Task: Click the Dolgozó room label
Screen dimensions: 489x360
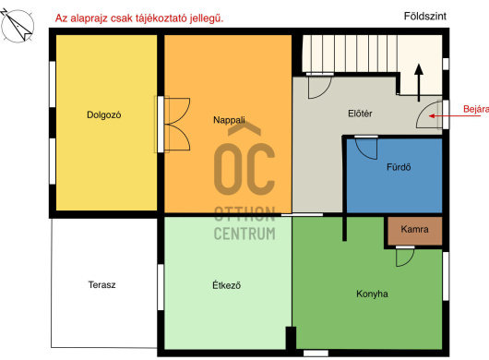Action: point(104,115)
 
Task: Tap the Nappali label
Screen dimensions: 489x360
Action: point(229,120)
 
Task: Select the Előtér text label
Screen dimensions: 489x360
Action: point(360,114)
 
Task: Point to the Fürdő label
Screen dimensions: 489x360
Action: point(399,167)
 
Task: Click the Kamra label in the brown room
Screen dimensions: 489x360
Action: point(414,229)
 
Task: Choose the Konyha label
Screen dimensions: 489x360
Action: point(372,294)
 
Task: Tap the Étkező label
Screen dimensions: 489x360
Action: point(226,285)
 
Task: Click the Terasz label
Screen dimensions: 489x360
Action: point(101,285)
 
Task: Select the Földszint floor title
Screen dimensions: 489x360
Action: point(425,17)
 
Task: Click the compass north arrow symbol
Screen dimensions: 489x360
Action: point(18,26)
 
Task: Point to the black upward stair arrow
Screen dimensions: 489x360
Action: point(419,83)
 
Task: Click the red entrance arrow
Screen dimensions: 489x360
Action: point(454,115)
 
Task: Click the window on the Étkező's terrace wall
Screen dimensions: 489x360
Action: point(161,287)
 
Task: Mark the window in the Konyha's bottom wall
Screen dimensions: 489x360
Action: point(316,354)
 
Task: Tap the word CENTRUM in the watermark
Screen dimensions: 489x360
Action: point(244,234)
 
